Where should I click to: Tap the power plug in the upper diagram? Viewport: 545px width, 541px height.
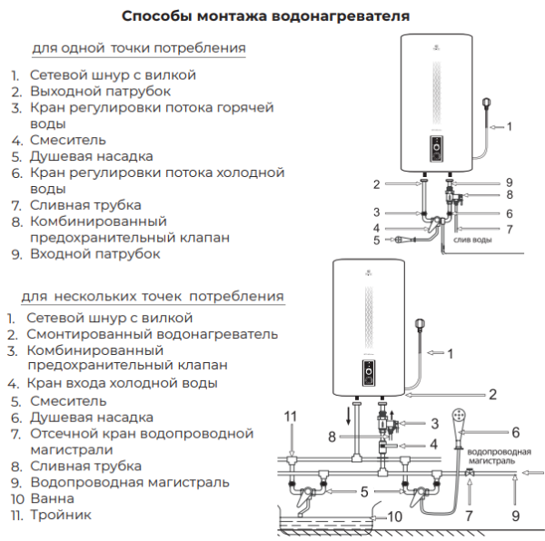488,102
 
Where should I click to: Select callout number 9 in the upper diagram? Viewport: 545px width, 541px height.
510,182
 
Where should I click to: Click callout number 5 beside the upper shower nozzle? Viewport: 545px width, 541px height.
376,240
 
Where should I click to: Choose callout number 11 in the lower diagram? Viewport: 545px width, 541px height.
290,416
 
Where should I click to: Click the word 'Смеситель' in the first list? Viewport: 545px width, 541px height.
68,140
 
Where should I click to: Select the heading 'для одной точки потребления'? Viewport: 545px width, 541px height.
138,47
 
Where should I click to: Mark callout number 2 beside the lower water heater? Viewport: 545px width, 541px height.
492,395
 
